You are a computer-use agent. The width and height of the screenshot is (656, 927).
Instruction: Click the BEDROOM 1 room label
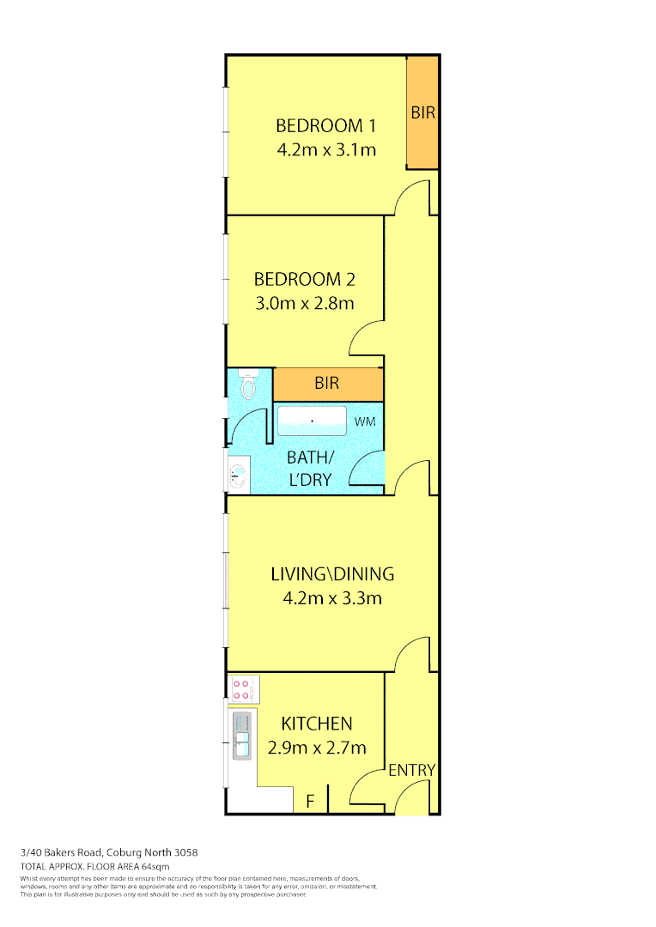326,125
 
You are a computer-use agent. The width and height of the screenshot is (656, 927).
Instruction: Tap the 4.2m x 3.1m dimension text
326,149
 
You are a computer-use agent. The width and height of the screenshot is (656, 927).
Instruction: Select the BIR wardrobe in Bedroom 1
422,112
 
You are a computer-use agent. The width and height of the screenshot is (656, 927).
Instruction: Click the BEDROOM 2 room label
304,279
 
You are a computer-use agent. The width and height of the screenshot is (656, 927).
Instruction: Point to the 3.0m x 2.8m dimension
304,303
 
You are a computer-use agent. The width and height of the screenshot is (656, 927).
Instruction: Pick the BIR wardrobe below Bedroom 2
327,383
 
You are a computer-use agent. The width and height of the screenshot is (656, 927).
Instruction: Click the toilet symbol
249,385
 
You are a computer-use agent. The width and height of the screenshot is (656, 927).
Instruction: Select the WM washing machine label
366,421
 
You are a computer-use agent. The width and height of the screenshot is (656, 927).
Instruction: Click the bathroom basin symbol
238,474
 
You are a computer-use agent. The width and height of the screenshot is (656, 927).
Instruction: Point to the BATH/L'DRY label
309,468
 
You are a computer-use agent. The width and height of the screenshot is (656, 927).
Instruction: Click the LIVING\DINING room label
332,574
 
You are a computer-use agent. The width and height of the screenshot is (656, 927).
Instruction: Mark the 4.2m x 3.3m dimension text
332,598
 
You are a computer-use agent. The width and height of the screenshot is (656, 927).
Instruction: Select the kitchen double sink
242,736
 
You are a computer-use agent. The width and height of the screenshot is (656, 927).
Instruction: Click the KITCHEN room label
317,724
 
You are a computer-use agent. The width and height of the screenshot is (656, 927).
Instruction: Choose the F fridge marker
311,802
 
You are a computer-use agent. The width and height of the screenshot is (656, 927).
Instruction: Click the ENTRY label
412,770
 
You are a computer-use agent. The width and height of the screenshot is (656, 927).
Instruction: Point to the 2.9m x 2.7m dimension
317,748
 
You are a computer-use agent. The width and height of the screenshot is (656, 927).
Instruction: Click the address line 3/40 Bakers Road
109,852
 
